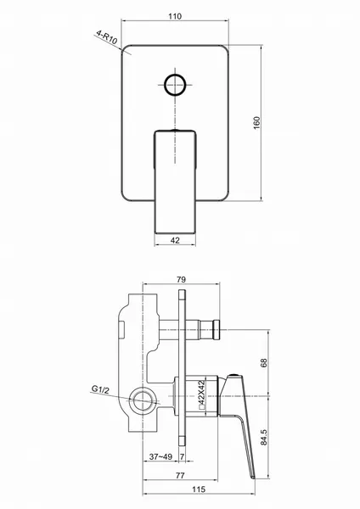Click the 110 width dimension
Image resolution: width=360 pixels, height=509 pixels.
point(175,16)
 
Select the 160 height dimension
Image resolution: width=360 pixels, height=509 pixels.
point(256,123)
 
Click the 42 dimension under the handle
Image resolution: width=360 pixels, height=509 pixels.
point(175,240)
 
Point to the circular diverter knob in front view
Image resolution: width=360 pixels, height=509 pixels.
point(175,85)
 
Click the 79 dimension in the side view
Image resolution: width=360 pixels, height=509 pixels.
point(182,279)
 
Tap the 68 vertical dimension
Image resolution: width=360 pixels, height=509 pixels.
point(263,362)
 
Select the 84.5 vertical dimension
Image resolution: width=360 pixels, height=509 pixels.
point(263,437)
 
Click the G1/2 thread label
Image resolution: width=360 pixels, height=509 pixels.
point(100,389)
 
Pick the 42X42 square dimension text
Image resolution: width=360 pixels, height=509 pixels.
point(201,391)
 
